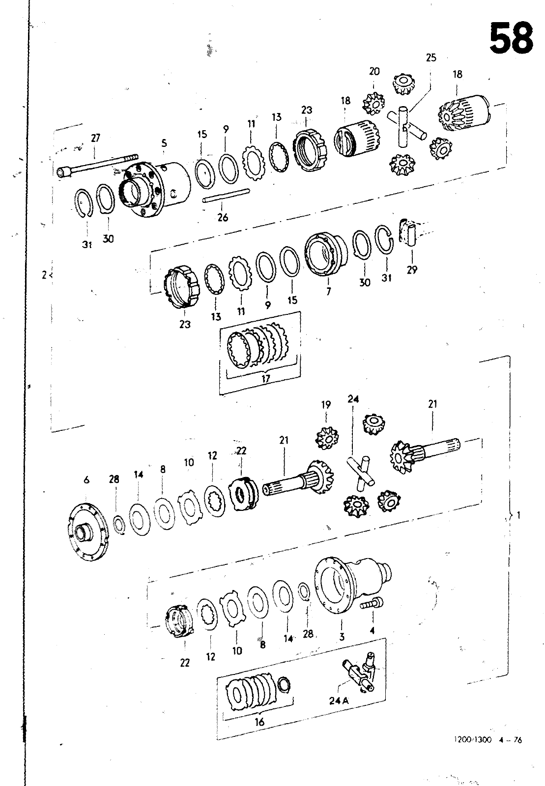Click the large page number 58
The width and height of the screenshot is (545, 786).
511,38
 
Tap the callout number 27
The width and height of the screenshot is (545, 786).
95,138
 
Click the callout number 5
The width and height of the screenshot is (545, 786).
164,143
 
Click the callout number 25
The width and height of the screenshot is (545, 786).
431,57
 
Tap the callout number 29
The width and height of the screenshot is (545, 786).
412,270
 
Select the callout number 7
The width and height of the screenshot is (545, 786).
328,291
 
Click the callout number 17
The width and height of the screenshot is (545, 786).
265,379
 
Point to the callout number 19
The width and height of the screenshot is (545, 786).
326,405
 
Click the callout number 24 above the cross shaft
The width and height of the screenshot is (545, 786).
353,399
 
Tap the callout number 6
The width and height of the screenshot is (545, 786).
86,479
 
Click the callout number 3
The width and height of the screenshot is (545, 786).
342,636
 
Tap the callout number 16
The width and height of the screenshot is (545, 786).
259,722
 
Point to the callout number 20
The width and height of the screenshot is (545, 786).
374,72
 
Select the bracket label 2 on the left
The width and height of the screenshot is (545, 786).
44,276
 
